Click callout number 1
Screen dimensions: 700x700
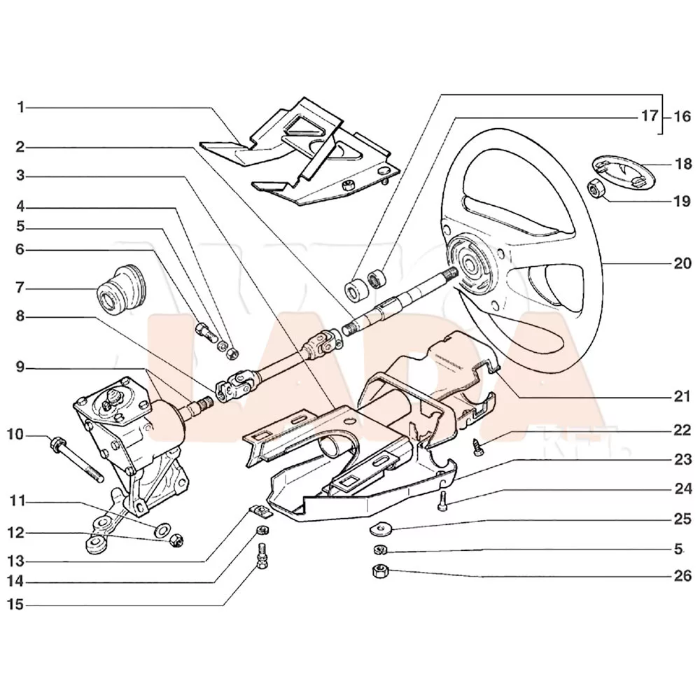click(x=21, y=107)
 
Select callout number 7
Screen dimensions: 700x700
click(x=21, y=288)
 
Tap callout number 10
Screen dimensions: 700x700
click(x=16, y=435)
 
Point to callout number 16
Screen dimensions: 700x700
click(x=682, y=116)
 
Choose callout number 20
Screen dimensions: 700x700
click(x=682, y=264)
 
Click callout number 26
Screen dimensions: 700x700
click(x=682, y=577)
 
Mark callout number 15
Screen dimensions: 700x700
click(x=16, y=603)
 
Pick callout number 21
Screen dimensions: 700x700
click(x=682, y=397)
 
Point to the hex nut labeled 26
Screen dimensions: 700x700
click(x=378, y=570)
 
